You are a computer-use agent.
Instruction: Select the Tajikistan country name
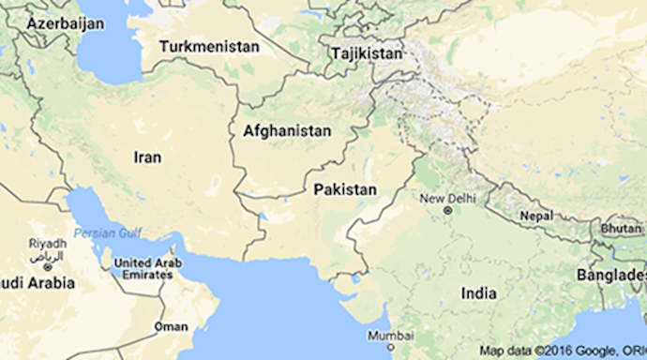(x=367, y=53)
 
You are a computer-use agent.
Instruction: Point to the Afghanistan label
(x=286, y=131)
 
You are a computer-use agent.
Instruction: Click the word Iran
(x=148, y=157)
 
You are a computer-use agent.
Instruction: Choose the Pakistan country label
(x=345, y=189)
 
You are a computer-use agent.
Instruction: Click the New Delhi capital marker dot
(x=447, y=210)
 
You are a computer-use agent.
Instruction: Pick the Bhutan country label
(x=621, y=228)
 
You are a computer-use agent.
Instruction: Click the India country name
(x=478, y=293)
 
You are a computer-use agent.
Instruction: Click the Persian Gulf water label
(x=108, y=232)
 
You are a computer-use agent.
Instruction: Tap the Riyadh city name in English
(x=47, y=243)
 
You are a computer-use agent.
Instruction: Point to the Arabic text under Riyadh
(x=47, y=255)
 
